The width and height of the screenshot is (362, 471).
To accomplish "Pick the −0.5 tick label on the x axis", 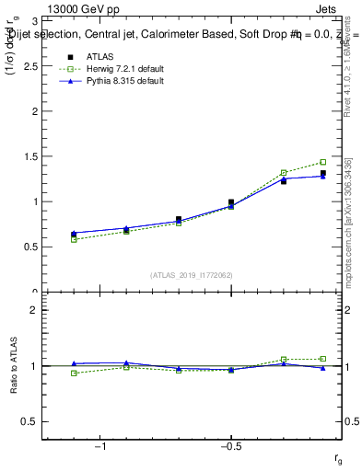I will coord(229,446).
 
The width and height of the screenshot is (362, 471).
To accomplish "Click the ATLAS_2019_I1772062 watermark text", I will coord(192,275).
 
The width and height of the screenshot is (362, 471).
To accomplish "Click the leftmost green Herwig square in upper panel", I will coord(74,239).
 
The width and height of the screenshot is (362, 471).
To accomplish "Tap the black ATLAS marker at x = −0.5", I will coord(231,202).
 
